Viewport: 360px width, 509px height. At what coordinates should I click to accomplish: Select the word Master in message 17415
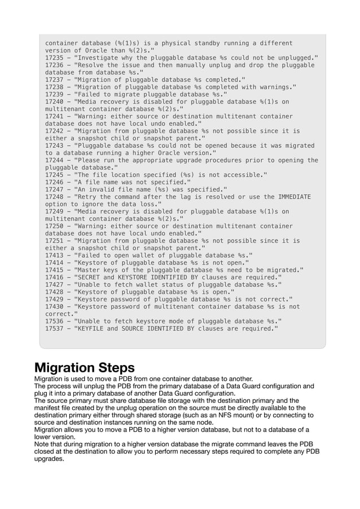[x=89, y=269]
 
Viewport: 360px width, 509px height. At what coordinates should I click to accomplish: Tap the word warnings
[x=276, y=87]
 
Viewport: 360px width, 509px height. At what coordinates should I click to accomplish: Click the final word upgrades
[x=49, y=459]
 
